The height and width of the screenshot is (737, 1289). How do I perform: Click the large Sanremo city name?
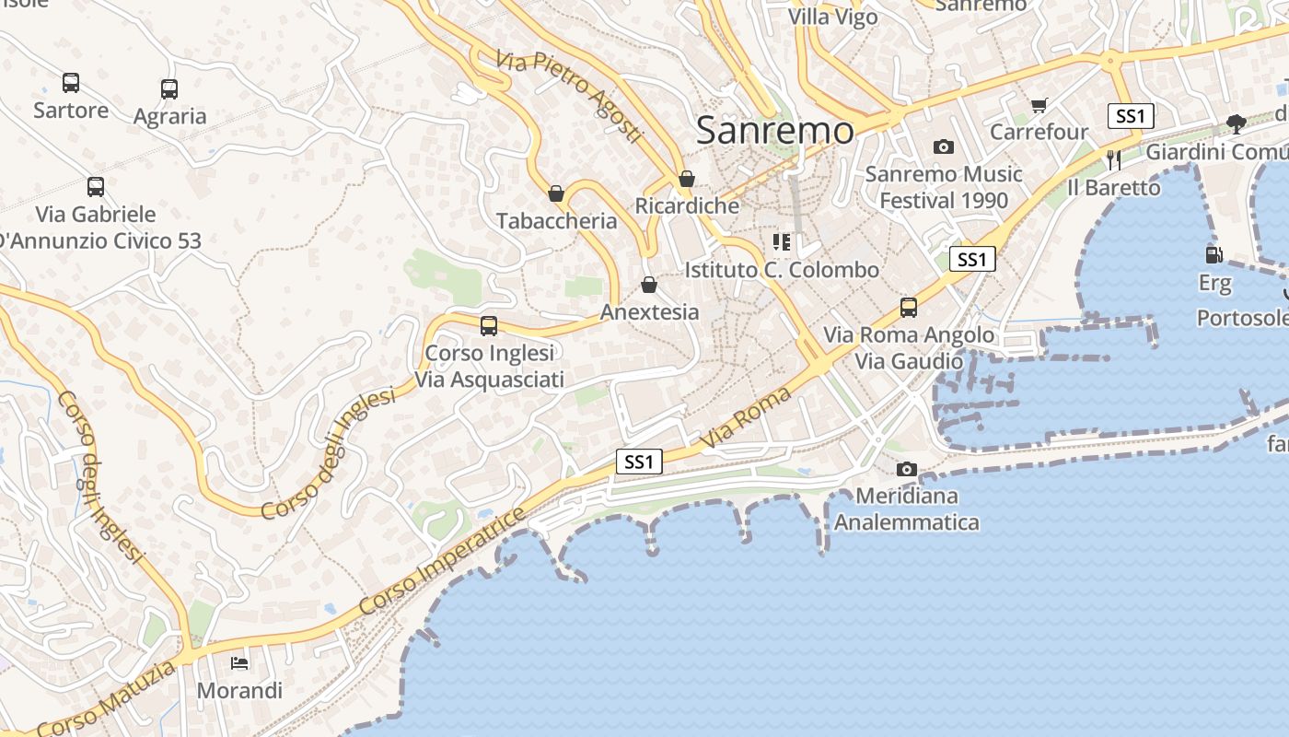coord(774,131)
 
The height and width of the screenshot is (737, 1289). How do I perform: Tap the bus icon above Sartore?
coord(71,83)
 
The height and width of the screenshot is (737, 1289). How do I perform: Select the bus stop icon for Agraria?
coord(169,89)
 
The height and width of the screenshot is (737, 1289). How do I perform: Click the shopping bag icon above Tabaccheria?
coord(556,193)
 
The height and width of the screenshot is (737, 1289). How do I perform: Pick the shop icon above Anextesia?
coord(649,285)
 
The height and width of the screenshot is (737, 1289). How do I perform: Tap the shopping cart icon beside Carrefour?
coord(1039,106)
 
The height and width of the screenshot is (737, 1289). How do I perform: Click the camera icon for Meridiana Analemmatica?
coord(907,470)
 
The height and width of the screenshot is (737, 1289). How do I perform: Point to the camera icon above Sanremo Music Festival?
coord(943,147)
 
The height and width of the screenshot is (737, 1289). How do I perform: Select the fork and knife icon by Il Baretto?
coord(1114,160)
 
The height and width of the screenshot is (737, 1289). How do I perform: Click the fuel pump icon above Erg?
coord(1214,255)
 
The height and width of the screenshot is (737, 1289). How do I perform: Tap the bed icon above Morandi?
coord(239,663)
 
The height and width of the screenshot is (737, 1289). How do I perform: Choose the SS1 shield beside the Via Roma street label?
coord(639,462)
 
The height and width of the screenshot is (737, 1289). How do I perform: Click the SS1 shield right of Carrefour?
coord(1131,116)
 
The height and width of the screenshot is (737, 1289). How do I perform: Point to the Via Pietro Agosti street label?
coord(567,97)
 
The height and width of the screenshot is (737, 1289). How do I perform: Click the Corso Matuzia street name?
coord(107,700)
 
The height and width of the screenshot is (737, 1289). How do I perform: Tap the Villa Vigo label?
coord(832,17)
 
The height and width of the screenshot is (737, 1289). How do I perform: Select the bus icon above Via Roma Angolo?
coord(909,308)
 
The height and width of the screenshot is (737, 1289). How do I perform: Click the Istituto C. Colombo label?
coord(782,270)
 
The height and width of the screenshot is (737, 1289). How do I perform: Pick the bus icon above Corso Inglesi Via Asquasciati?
coord(489,326)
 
